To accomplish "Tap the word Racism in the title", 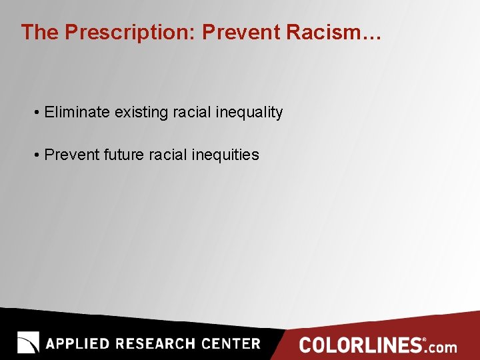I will [333, 33].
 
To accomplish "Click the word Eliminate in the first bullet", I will [77, 112].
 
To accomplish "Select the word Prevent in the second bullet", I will [72, 155].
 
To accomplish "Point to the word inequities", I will [225, 155].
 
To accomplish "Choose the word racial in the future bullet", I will [168, 155].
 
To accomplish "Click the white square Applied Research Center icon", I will [28, 343].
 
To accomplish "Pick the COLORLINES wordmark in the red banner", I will [361, 345].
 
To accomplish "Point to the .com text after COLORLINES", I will [441, 347].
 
